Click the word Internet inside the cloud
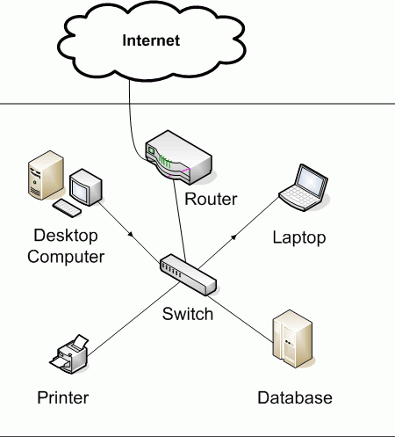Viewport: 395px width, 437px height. pyautogui.click(x=151, y=40)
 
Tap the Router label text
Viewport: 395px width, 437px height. pyautogui.click(x=211, y=199)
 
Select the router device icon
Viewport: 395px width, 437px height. pyautogui.click(x=178, y=157)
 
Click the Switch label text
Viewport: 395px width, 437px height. pyautogui.click(x=188, y=314)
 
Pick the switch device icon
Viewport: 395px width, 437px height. pyautogui.click(x=188, y=274)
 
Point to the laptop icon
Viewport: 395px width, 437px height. pyautogui.click(x=303, y=187)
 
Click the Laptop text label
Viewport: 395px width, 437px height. pyautogui.click(x=299, y=237)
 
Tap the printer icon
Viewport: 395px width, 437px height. pyautogui.click(x=69, y=354)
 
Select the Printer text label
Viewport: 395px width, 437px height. pyautogui.click(x=63, y=397)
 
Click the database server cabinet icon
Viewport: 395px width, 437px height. pyautogui.click(x=292, y=339)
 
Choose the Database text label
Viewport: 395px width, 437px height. pyautogui.click(x=295, y=397)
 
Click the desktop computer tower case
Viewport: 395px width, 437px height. pyautogui.click(x=46, y=175)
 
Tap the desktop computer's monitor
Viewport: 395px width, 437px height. pyautogui.click(x=85, y=187)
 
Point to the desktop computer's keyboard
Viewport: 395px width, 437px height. pyautogui.click(x=67, y=208)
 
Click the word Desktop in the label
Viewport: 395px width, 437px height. pyautogui.click(x=66, y=236)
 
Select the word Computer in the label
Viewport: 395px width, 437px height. pyautogui.click(x=66, y=257)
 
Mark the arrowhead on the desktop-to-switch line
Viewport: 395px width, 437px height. pyautogui.click(x=131, y=234)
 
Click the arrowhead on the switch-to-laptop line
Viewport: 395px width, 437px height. pyautogui.click(x=233, y=237)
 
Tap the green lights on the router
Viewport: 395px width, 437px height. pyautogui.click(x=164, y=162)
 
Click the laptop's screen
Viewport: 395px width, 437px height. pyautogui.click(x=311, y=182)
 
